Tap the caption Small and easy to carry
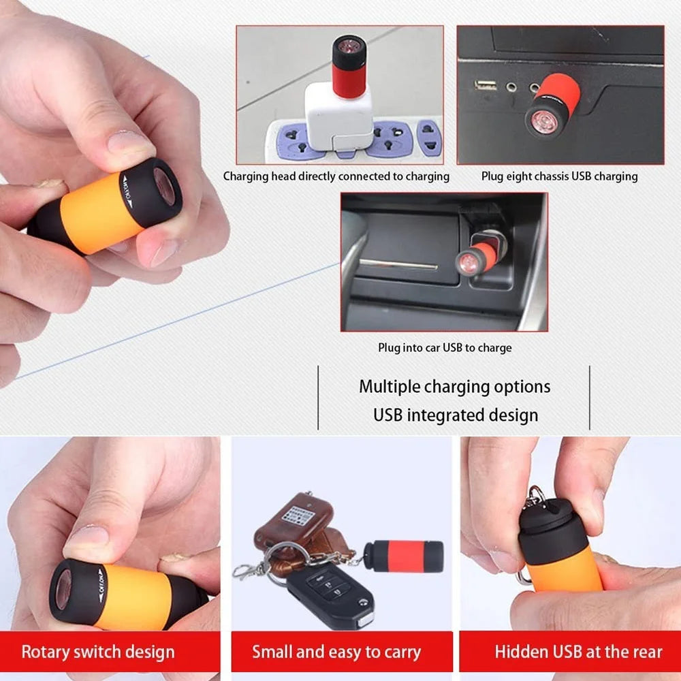[x=336, y=652]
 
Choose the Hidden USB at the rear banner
[x=578, y=652]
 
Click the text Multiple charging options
[x=454, y=387]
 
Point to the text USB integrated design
[x=454, y=415]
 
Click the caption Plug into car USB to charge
[x=445, y=347]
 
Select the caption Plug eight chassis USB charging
[x=559, y=176]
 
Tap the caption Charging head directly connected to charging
[x=336, y=176]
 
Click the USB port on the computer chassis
[x=486, y=86]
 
